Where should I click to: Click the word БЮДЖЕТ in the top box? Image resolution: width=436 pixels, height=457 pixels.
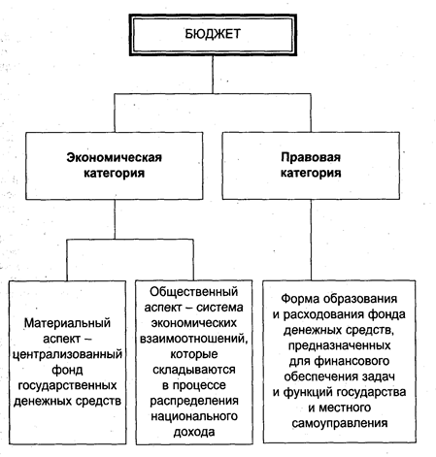tap(213, 34)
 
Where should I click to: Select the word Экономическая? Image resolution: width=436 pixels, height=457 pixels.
tap(114, 157)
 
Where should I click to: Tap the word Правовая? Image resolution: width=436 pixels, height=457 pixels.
tap(311, 157)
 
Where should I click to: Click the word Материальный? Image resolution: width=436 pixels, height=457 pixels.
tap(67, 323)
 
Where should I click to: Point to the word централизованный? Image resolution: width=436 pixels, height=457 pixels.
tap(67, 354)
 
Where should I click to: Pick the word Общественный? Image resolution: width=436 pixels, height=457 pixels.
tap(193, 292)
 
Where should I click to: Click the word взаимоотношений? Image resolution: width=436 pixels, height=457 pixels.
tap(193, 339)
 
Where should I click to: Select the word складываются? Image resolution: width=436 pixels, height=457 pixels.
tap(193, 370)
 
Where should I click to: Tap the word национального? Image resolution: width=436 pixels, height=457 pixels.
tap(194, 416)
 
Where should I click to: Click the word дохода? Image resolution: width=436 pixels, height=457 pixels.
tap(194, 432)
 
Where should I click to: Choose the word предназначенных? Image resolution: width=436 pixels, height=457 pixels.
tap(339, 345)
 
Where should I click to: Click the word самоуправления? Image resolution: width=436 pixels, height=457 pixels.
tap(339, 423)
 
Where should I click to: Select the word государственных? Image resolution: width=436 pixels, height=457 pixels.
tap(67, 385)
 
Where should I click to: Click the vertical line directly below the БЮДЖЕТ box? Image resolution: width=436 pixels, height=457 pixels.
tap(213, 75)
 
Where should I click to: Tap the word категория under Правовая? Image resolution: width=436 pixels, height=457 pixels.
tap(311, 173)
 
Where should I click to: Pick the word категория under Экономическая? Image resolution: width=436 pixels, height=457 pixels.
tap(114, 173)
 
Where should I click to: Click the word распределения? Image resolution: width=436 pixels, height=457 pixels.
tap(194, 401)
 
